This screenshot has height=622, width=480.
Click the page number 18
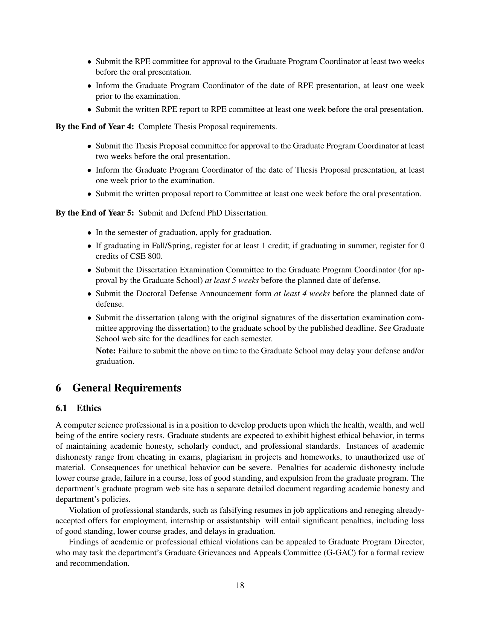click(x=240, y=585)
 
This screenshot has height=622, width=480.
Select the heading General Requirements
click(x=126, y=388)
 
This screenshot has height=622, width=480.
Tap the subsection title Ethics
click(x=89, y=408)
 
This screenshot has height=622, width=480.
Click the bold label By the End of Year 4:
click(x=94, y=127)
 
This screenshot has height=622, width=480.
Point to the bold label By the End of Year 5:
click(x=94, y=213)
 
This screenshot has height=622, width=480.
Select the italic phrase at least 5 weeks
click(x=232, y=280)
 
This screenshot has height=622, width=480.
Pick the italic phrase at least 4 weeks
click(x=302, y=293)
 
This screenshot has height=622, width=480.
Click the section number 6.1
click(x=61, y=408)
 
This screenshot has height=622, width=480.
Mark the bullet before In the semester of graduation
click(x=89, y=233)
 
